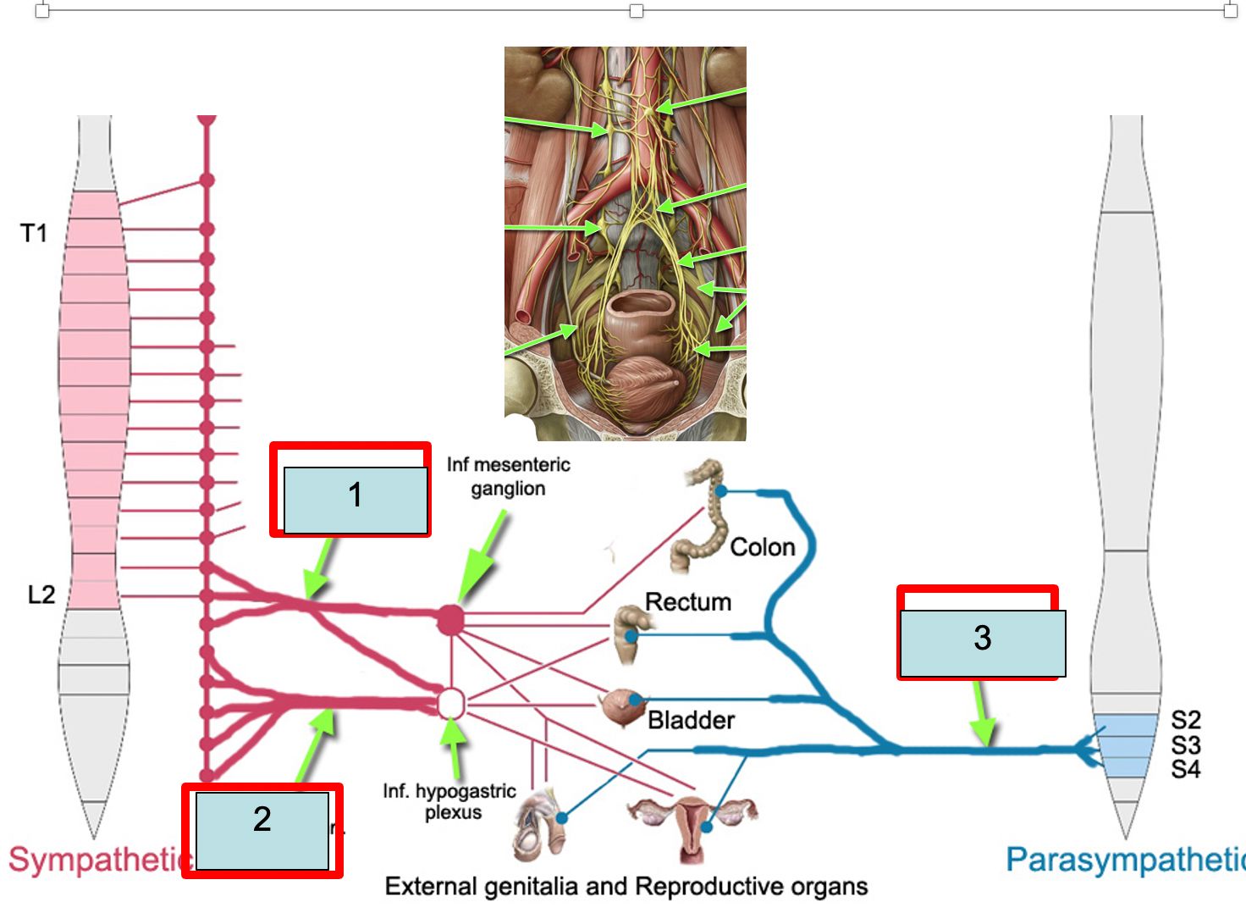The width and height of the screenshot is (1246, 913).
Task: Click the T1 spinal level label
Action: pyautogui.click(x=34, y=233)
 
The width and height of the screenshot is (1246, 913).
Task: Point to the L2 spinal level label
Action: pyautogui.click(x=41, y=595)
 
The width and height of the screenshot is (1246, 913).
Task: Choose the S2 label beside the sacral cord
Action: pyautogui.click(x=1185, y=720)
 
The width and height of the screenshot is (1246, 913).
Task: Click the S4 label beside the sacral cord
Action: pyautogui.click(x=1185, y=769)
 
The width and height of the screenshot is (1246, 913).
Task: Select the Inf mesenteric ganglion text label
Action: pyautogui.click(x=508, y=476)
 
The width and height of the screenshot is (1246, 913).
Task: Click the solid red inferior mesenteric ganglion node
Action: pyautogui.click(x=451, y=620)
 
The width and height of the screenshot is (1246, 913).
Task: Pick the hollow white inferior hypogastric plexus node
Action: pyautogui.click(x=451, y=703)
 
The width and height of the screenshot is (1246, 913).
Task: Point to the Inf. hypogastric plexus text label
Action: pyautogui.click(x=449, y=801)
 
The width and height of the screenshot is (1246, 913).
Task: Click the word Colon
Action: pyautogui.click(x=763, y=547)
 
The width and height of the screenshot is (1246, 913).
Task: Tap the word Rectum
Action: pyautogui.click(x=688, y=601)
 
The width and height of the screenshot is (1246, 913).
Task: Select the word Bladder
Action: pyautogui.click(x=691, y=720)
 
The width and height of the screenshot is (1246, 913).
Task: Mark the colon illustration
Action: pyautogui.click(x=704, y=517)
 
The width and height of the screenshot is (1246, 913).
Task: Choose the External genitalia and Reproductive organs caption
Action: pyautogui.click(x=626, y=886)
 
